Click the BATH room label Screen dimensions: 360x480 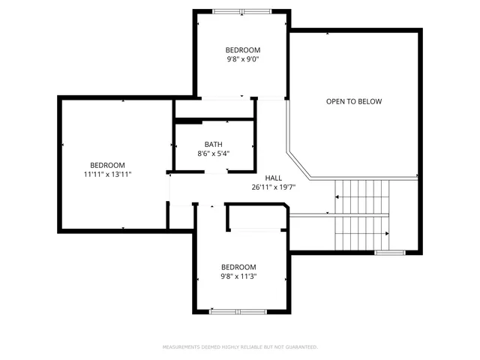[214, 145]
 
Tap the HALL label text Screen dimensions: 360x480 [274, 178]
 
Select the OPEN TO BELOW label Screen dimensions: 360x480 [353, 101]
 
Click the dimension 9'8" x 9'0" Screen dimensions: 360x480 [243, 59]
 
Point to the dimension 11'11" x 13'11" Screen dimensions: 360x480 [108, 174]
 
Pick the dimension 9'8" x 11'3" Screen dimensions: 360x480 [238, 276]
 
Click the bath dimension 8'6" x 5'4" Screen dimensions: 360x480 [214, 154]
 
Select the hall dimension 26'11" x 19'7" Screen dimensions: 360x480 [274, 187]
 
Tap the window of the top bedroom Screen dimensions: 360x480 [241, 11]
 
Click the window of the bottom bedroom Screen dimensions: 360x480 [238, 311]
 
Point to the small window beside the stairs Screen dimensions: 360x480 [389, 253]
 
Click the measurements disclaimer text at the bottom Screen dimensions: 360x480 [240, 346]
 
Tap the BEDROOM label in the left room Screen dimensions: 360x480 [108, 165]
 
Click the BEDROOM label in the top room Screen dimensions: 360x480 [243, 50]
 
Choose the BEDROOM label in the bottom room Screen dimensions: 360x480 [238, 267]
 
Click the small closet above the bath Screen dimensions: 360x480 [215, 109]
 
